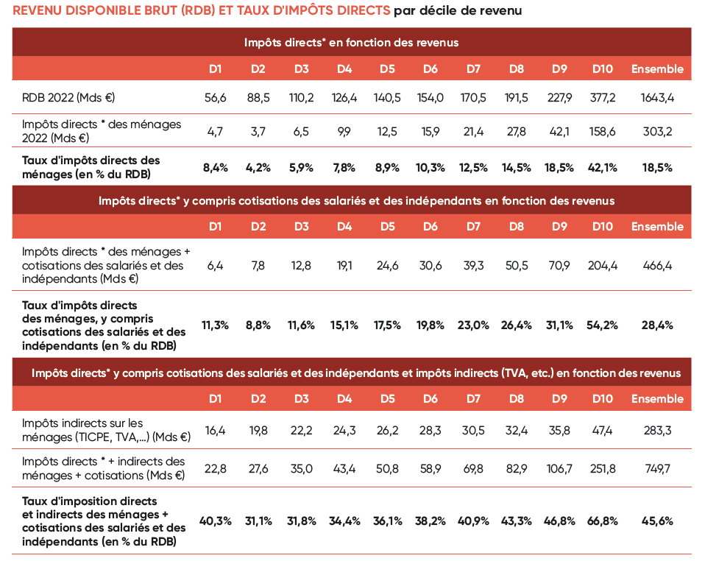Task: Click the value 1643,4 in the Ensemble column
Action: coord(657,97)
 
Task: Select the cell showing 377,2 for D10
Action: coord(603,97)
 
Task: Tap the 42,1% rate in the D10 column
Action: coord(603,167)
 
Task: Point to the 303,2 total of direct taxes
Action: coord(657,131)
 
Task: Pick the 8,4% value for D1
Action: coord(215,167)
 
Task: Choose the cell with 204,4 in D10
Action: coord(603,266)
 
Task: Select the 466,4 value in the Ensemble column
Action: coord(657,266)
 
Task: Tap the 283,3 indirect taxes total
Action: coord(657,430)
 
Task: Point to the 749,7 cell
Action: coord(657,468)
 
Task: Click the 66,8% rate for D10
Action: coord(603,521)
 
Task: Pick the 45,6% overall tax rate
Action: coord(657,521)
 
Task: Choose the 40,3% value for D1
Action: coord(215,521)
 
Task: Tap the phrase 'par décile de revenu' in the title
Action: coord(458,11)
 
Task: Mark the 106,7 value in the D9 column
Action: coord(559,468)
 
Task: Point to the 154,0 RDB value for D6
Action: coord(431,97)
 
